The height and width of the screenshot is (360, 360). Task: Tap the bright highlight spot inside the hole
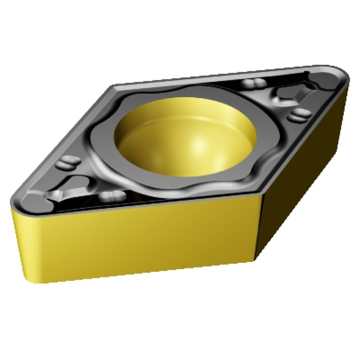coord(201,146)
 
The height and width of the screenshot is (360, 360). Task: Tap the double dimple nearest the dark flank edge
coord(299,114)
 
